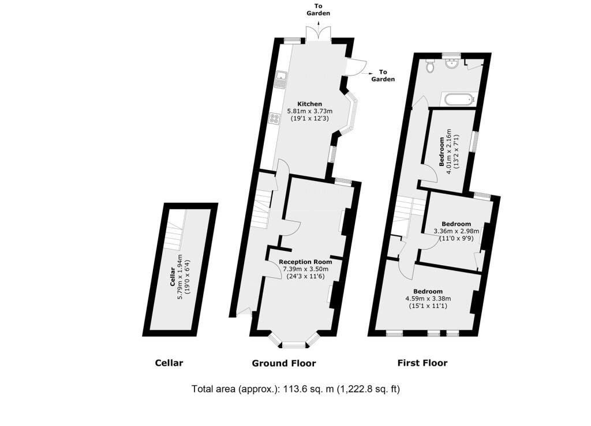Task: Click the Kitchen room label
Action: click(x=309, y=104)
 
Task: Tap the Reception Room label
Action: click(x=305, y=262)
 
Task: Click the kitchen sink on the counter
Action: click(x=280, y=78)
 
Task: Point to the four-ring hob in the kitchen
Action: click(x=274, y=119)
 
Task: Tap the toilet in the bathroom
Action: click(x=429, y=67)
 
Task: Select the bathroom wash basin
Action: click(x=451, y=63)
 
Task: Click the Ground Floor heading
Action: click(x=284, y=363)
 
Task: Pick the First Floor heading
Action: click(x=422, y=363)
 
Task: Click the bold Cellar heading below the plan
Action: click(x=169, y=363)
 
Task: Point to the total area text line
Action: click(x=295, y=389)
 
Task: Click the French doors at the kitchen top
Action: click(x=319, y=34)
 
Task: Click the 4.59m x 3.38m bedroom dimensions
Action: click(x=428, y=299)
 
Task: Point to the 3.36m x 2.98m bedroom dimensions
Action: click(x=457, y=231)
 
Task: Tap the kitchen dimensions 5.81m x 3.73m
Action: click(x=310, y=111)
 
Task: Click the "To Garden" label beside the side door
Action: click(x=383, y=76)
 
